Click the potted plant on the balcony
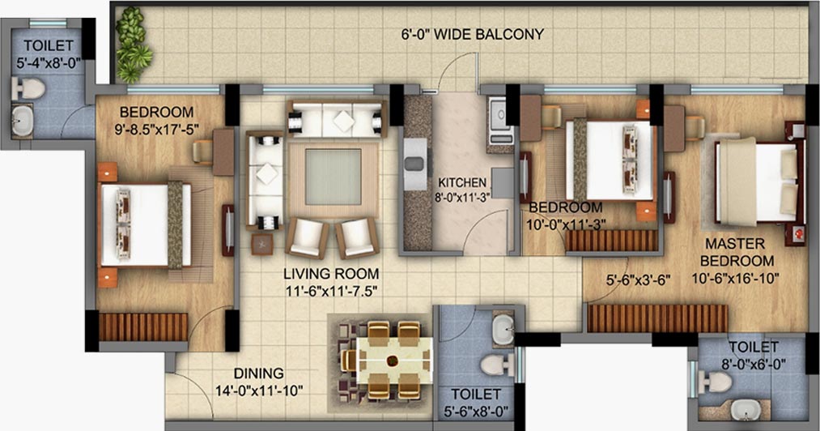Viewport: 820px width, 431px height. pyautogui.click(x=133, y=45)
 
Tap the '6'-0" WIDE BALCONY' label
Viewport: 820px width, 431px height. pyautogui.click(x=473, y=35)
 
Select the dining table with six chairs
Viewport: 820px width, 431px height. pyautogui.click(x=387, y=361)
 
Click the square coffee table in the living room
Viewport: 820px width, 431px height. pyautogui.click(x=334, y=177)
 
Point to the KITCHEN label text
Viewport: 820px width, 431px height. pyautogui.click(x=462, y=183)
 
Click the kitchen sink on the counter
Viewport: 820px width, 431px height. pyautogui.click(x=416, y=164)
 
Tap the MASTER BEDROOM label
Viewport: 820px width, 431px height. pyautogui.click(x=736, y=252)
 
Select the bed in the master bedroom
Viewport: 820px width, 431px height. pyautogui.click(x=759, y=181)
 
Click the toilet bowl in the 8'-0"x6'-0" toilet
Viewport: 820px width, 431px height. pyautogui.click(x=716, y=382)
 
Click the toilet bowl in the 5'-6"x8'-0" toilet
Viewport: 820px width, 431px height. pyautogui.click(x=497, y=365)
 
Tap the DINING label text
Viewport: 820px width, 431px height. pyautogui.click(x=259, y=373)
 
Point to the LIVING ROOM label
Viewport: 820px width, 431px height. pyautogui.click(x=331, y=273)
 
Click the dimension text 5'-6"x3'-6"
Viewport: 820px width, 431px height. pyautogui.click(x=638, y=280)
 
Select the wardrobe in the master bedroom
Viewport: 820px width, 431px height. pyautogui.click(x=657, y=319)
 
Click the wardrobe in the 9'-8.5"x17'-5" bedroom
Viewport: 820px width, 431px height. pyautogui.click(x=142, y=327)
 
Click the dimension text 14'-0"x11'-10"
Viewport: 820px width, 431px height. pyautogui.click(x=259, y=390)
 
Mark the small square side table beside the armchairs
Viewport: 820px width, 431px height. pyautogui.click(x=262, y=244)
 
